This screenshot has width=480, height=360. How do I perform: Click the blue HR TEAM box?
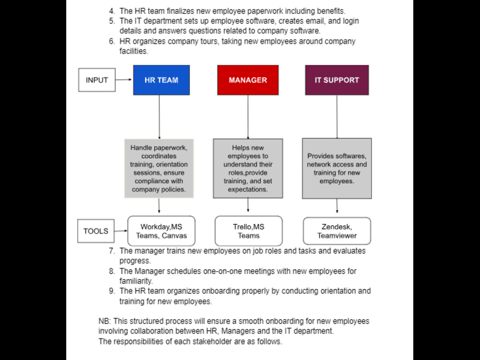161,80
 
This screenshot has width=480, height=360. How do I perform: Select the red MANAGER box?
248,80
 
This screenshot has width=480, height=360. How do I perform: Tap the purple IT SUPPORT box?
337,80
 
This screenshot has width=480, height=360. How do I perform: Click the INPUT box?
97,80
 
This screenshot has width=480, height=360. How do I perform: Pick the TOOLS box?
96,231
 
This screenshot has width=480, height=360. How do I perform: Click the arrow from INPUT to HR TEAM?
124,80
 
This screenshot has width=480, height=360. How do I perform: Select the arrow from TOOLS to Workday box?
121,231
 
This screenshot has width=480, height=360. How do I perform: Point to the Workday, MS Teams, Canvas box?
161,231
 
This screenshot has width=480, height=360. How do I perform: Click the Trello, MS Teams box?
249,231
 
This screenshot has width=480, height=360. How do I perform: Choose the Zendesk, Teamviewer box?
337,231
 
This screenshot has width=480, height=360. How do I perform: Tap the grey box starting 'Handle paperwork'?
159,168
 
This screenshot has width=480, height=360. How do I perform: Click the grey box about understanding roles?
248,168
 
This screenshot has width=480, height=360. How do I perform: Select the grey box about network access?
337,168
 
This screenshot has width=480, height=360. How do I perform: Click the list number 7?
112,251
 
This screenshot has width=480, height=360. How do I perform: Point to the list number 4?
112,12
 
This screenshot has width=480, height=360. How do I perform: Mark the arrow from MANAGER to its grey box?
248,117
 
